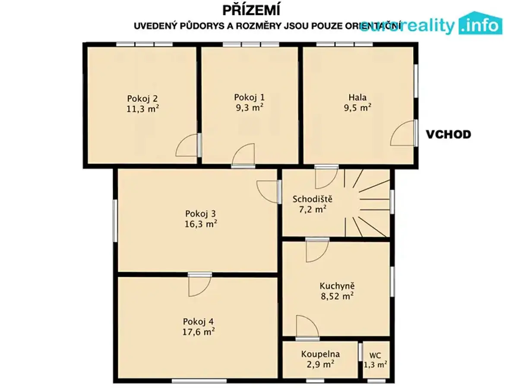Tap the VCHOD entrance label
tap(449, 135)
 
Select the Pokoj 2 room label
tap(142, 98)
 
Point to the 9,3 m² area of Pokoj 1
tap(250, 107)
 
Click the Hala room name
tap(357, 97)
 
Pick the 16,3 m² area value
tap(201, 224)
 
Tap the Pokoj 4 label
tap(198, 321)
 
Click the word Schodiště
tap(313, 199)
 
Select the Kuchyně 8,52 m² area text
tap(337, 296)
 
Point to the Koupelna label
tap(320, 354)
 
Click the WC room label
tap(375, 355)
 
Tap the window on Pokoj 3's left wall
tap(115, 221)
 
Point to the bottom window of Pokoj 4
tap(199, 381)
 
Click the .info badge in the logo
tap(480, 23)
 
